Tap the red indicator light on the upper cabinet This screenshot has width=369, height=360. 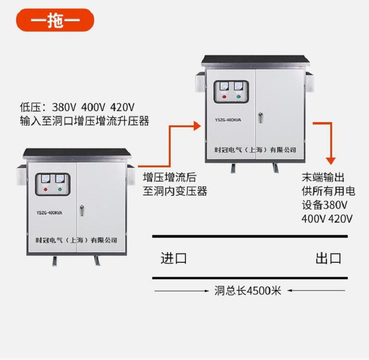(x=224, y=97)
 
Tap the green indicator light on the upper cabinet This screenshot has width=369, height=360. (x=238, y=97)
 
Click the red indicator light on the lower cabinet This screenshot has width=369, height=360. (x=45, y=189)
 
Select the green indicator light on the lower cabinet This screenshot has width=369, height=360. (x=60, y=189)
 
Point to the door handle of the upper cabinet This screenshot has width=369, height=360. (x=261, y=118)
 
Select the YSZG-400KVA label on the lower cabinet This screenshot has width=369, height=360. (x=49, y=213)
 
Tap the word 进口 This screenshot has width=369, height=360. (x=173, y=258)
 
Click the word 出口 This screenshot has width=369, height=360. (x=328, y=258)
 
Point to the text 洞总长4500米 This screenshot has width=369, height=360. (x=248, y=291)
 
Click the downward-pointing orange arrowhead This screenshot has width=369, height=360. (x=330, y=161)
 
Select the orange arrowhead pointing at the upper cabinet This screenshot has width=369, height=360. (x=197, y=125)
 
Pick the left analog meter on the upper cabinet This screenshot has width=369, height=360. (x=224, y=87)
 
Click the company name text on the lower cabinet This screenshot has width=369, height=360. (x=77, y=240)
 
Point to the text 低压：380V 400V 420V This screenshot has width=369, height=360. (x=77, y=107)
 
